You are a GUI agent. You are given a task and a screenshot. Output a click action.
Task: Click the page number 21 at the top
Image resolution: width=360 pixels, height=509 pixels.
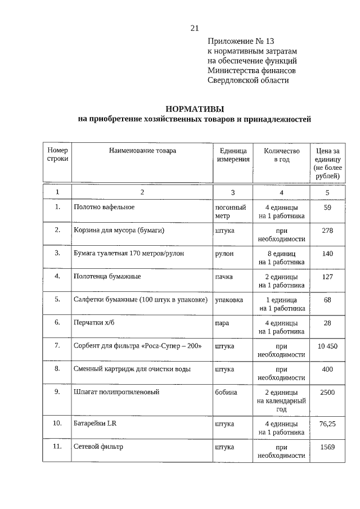(195, 28)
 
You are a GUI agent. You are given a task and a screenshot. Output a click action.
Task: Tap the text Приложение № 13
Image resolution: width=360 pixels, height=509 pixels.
(241, 42)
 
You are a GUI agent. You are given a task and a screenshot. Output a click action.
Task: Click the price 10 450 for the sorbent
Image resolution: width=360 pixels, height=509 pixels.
(327, 345)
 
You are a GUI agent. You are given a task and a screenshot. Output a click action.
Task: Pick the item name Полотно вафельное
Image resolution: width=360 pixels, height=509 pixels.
(104, 207)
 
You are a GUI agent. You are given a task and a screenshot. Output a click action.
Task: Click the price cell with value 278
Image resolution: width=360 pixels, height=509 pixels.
(327, 230)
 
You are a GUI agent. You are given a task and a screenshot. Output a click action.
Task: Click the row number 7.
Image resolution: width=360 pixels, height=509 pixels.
(57, 345)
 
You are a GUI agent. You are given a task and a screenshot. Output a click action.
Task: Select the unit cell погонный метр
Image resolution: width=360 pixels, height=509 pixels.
(231, 211)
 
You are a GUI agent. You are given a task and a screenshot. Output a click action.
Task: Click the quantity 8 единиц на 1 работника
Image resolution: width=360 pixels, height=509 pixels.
(282, 257)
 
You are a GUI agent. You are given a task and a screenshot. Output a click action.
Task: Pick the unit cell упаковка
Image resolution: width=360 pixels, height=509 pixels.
(229, 299)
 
